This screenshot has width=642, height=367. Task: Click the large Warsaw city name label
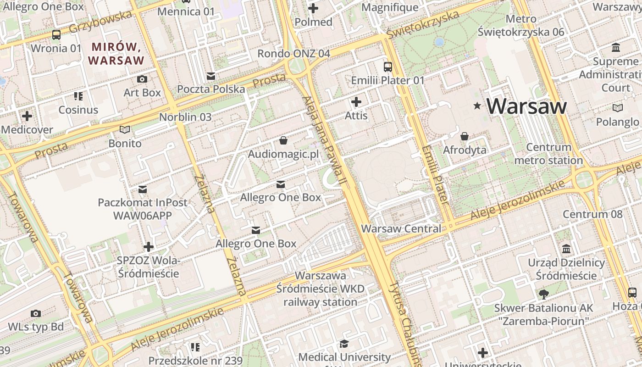click(526, 106)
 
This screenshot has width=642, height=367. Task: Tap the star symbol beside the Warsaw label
click(477, 106)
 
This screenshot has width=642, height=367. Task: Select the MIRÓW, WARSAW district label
click(116, 53)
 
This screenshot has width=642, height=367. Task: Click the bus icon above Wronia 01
click(56, 35)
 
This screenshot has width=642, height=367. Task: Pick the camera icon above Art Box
click(142, 79)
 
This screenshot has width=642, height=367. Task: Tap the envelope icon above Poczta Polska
click(211, 76)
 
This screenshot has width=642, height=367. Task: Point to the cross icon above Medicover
click(27, 116)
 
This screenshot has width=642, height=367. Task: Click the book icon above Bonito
click(125, 130)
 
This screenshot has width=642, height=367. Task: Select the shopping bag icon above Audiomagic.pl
click(283, 140)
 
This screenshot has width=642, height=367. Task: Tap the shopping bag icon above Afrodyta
click(465, 136)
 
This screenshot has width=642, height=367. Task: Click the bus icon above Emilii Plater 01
click(388, 67)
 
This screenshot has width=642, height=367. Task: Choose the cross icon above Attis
click(356, 102)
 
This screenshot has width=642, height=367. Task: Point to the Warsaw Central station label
click(401, 228)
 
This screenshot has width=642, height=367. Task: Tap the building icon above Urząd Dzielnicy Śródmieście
click(566, 249)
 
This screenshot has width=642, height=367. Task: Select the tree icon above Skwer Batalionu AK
click(544, 294)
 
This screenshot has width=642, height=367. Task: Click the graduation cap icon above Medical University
click(344, 344)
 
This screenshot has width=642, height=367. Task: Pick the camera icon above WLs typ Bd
click(36, 313)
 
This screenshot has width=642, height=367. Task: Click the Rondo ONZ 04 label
click(293, 53)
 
